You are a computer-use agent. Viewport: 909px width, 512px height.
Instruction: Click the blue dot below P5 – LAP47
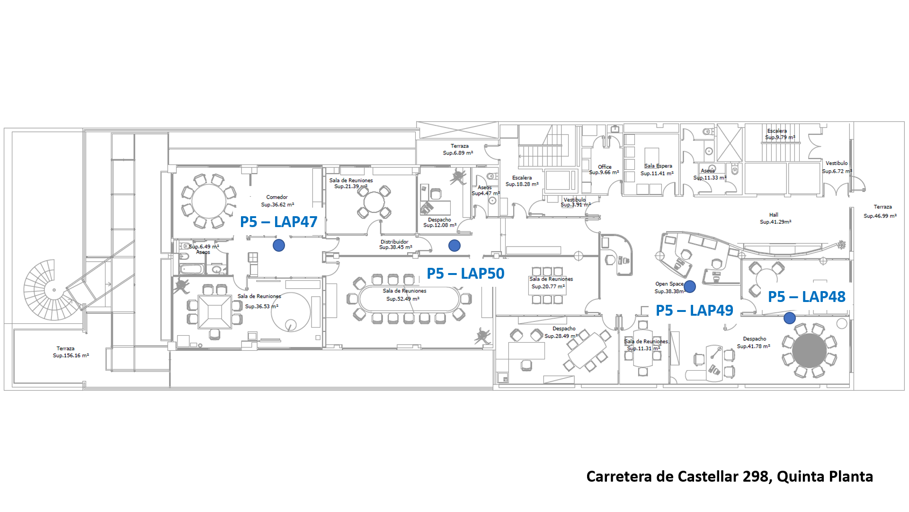click(279, 245)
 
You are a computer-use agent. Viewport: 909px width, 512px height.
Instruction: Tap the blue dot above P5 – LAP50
click(454, 246)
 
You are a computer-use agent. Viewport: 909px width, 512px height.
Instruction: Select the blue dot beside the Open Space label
click(690, 286)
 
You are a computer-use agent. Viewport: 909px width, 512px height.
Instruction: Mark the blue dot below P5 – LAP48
click(790, 318)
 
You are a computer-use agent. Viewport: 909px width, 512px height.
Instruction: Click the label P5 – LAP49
click(694, 311)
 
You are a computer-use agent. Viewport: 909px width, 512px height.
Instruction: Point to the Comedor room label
click(277, 197)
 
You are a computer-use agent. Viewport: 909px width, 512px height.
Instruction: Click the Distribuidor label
click(394, 242)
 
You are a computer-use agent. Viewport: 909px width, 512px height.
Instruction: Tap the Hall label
click(774, 215)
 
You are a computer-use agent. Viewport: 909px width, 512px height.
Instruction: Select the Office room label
click(605, 167)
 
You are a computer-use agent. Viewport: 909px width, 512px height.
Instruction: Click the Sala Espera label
click(658, 166)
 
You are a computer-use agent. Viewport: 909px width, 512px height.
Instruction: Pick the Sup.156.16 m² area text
click(71, 356)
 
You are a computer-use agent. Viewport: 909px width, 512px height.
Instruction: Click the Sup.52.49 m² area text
click(403, 299)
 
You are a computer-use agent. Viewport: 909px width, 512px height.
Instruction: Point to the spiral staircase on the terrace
click(53, 289)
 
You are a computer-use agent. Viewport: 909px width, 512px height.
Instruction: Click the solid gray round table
click(810, 350)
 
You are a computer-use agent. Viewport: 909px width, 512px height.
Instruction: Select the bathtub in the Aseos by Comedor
click(192, 269)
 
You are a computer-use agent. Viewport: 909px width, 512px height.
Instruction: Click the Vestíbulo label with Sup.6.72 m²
click(837, 163)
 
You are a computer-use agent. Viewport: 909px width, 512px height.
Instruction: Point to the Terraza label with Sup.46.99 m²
click(882, 207)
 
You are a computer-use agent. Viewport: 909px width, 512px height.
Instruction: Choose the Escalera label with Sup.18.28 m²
click(522, 178)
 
